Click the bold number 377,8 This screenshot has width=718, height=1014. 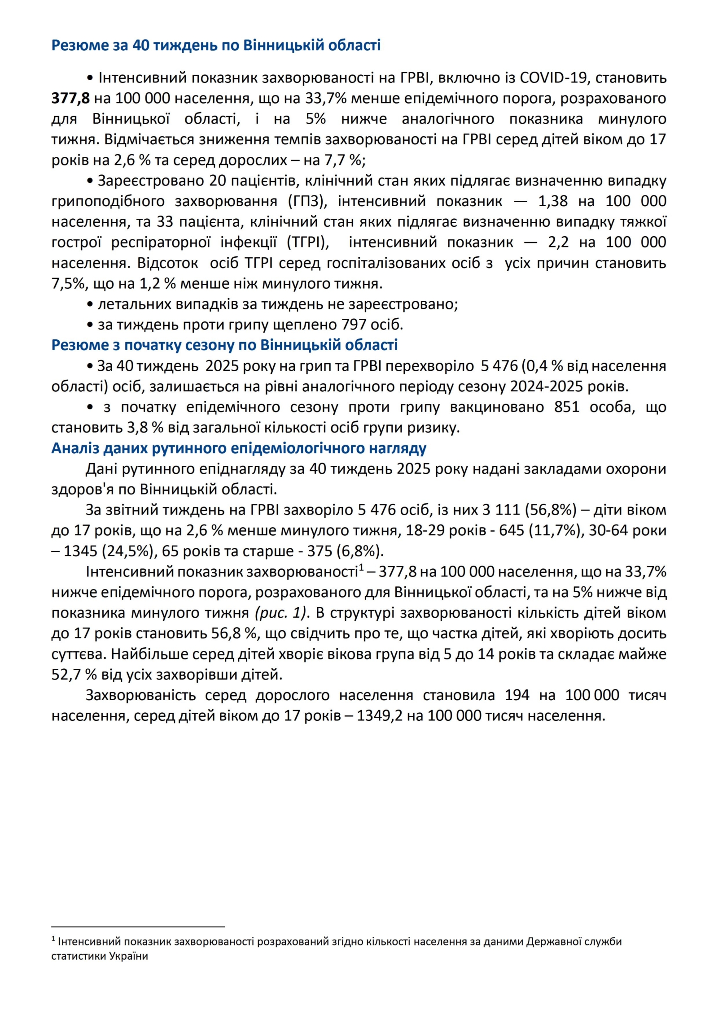point(70,98)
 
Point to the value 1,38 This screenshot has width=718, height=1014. point(553,201)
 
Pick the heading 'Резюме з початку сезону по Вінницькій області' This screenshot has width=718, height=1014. point(224,345)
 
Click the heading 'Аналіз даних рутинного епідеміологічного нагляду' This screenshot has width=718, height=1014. point(239,448)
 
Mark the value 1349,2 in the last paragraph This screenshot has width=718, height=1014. point(380,715)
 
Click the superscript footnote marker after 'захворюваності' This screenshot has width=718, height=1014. point(361,568)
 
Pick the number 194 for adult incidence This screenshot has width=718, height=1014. point(517,695)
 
